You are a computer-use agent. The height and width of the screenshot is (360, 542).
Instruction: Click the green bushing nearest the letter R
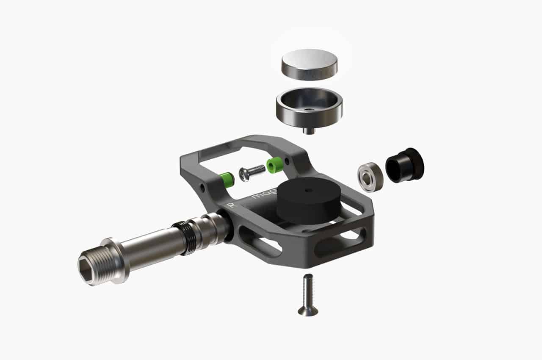[x=228, y=180]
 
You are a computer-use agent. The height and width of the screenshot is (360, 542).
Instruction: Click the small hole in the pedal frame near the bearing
[x=288, y=161]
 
